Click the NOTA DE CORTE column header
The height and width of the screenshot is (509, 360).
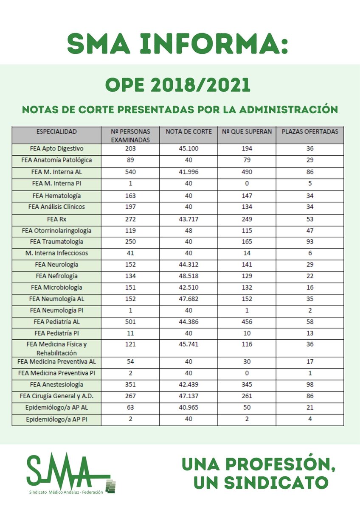[188, 131]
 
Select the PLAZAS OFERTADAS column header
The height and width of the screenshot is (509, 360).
[310, 131]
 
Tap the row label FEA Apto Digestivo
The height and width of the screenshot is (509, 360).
[57, 149]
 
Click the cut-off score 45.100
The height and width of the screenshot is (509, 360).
[188, 149]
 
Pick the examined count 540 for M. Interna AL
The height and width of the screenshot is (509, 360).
[131, 172]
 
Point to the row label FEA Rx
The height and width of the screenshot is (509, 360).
[57, 220]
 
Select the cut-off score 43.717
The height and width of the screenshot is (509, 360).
[188, 220]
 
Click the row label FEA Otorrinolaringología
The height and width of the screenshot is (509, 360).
[57, 231]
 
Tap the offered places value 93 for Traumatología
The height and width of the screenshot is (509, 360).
[310, 242]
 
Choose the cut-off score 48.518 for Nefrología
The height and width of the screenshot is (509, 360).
[188, 276]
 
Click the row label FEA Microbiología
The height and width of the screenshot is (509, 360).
[57, 287]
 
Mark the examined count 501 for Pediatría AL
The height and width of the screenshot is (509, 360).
[131, 322]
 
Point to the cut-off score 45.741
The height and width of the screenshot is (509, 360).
[188, 344]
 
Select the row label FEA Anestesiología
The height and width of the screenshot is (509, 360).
[57, 385]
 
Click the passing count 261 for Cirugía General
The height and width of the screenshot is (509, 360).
[246, 396]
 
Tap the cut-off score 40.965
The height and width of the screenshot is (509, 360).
[188, 408]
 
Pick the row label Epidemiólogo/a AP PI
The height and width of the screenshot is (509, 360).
[57, 419]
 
